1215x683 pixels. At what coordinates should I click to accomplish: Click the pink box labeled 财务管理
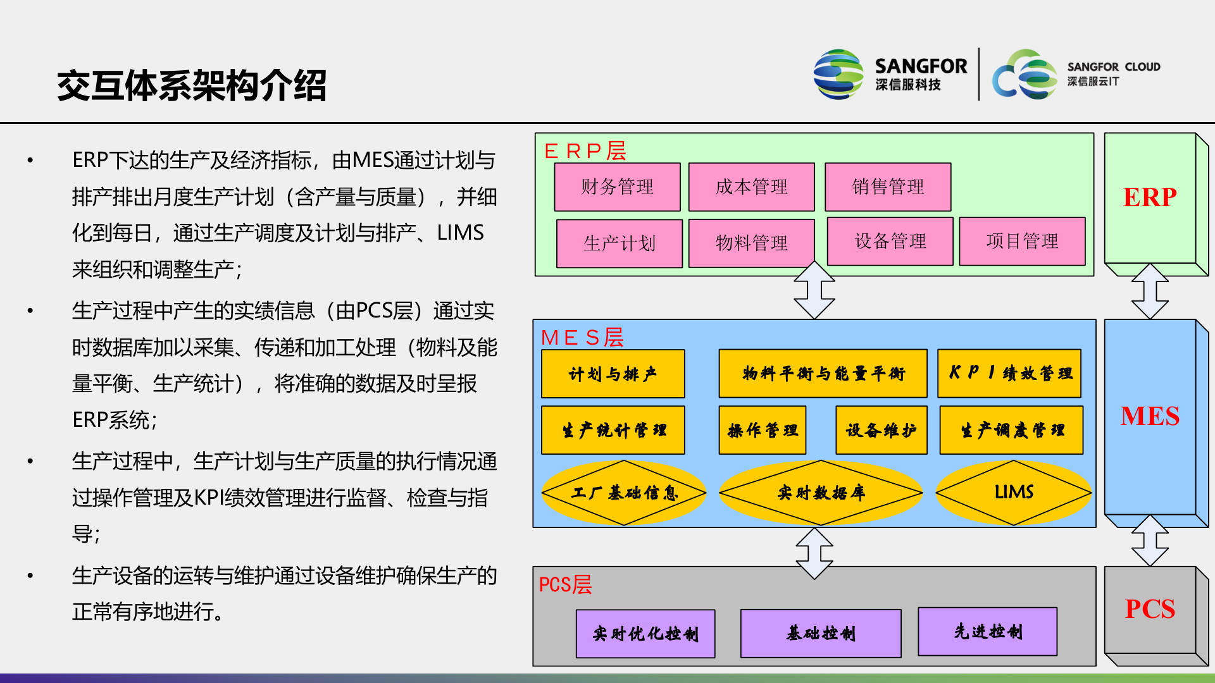tap(617, 187)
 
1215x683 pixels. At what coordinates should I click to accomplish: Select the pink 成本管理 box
tap(751, 187)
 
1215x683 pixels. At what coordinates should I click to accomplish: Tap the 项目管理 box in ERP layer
tap(1022, 241)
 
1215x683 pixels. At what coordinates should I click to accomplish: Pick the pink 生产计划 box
tap(619, 243)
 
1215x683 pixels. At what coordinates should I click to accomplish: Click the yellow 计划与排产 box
tap(613, 374)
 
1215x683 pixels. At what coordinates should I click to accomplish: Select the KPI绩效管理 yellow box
tap(1009, 373)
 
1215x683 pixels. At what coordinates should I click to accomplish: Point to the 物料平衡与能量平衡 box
tap(823, 374)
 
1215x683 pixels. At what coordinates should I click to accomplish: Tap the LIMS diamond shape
tap(1013, 492)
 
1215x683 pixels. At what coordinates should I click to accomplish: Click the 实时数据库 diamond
tap(821, 493)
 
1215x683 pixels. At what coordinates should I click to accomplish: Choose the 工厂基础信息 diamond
tap(624, 493)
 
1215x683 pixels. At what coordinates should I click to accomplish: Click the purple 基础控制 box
tap(821, 633)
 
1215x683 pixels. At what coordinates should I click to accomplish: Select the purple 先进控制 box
tap(987, 631)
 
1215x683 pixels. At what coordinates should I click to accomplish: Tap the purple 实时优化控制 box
tap(645, 634)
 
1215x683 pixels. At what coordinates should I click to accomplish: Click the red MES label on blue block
tap(1149, 416)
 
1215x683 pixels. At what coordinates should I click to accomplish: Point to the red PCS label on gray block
tap(1149, 609)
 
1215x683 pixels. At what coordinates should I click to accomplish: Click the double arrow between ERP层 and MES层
tap(814, 291)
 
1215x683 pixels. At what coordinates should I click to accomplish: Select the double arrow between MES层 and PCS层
tap(814, 553)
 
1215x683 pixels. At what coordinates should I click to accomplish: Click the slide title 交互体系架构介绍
tap(192, 85)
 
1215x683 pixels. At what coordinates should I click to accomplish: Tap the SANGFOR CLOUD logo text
tap(1113, 67)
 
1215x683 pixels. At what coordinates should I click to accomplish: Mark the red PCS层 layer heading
tap(565, 584)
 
